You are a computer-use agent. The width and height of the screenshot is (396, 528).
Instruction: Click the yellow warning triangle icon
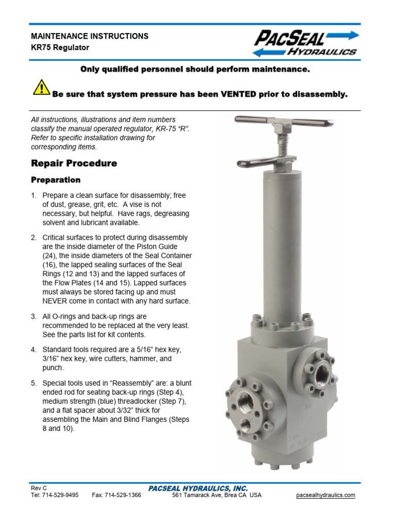[x=41, y=88]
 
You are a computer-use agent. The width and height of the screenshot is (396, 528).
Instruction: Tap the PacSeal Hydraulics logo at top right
[x=305, y=43]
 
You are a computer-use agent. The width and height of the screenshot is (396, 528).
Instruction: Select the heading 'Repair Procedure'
[x=74, y=163]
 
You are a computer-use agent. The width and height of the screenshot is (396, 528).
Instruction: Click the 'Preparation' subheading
[x=56, y=180]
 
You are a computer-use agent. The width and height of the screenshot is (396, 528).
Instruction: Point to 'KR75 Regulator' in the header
[x=60, y=47]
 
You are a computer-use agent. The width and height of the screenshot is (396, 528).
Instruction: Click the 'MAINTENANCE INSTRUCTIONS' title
[x=90, y=36]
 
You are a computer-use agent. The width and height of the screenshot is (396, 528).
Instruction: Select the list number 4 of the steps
[x=34, y=350]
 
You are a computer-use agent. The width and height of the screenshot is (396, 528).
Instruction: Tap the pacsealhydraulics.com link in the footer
[x=326, y=495]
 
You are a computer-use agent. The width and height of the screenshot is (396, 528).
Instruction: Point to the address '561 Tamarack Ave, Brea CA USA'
[x=217, y=495]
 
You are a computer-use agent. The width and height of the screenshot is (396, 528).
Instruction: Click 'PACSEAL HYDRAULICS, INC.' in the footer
[x=198, y=488]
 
